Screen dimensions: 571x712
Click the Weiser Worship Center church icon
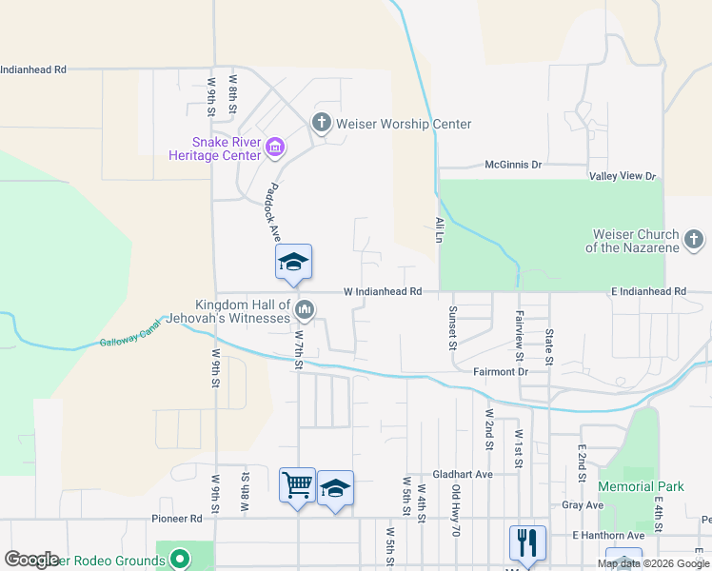pyautogui.click(x=321, y=123)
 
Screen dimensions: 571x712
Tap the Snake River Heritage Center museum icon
pyautogui.click(x=275, y=147)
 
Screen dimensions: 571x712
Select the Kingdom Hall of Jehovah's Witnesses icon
pyautogui.click(x=305, y=308)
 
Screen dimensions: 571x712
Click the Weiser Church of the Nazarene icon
pyautogui.click(x=694, y=237)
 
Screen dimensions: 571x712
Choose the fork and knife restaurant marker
pyautogui.click(x=527, y=541)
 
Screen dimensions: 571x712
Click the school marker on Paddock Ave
pyautogui.click(x=294, y=262)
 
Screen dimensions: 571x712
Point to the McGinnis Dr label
pyautogui.click(x=512, y=165)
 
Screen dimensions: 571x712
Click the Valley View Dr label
pyautogui.click(x=623, y=176)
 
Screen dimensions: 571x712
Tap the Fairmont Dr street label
pyautogui.click(x=501, y=372)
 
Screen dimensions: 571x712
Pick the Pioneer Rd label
pyautogui.click(x=177, y=520)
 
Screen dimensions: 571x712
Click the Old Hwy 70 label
pyautogui.click(x=456, y=516)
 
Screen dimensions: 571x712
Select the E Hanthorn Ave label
pyautogui.click(x=617, y=536)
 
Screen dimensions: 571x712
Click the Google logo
pyautogui.click(x=31, y=560)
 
